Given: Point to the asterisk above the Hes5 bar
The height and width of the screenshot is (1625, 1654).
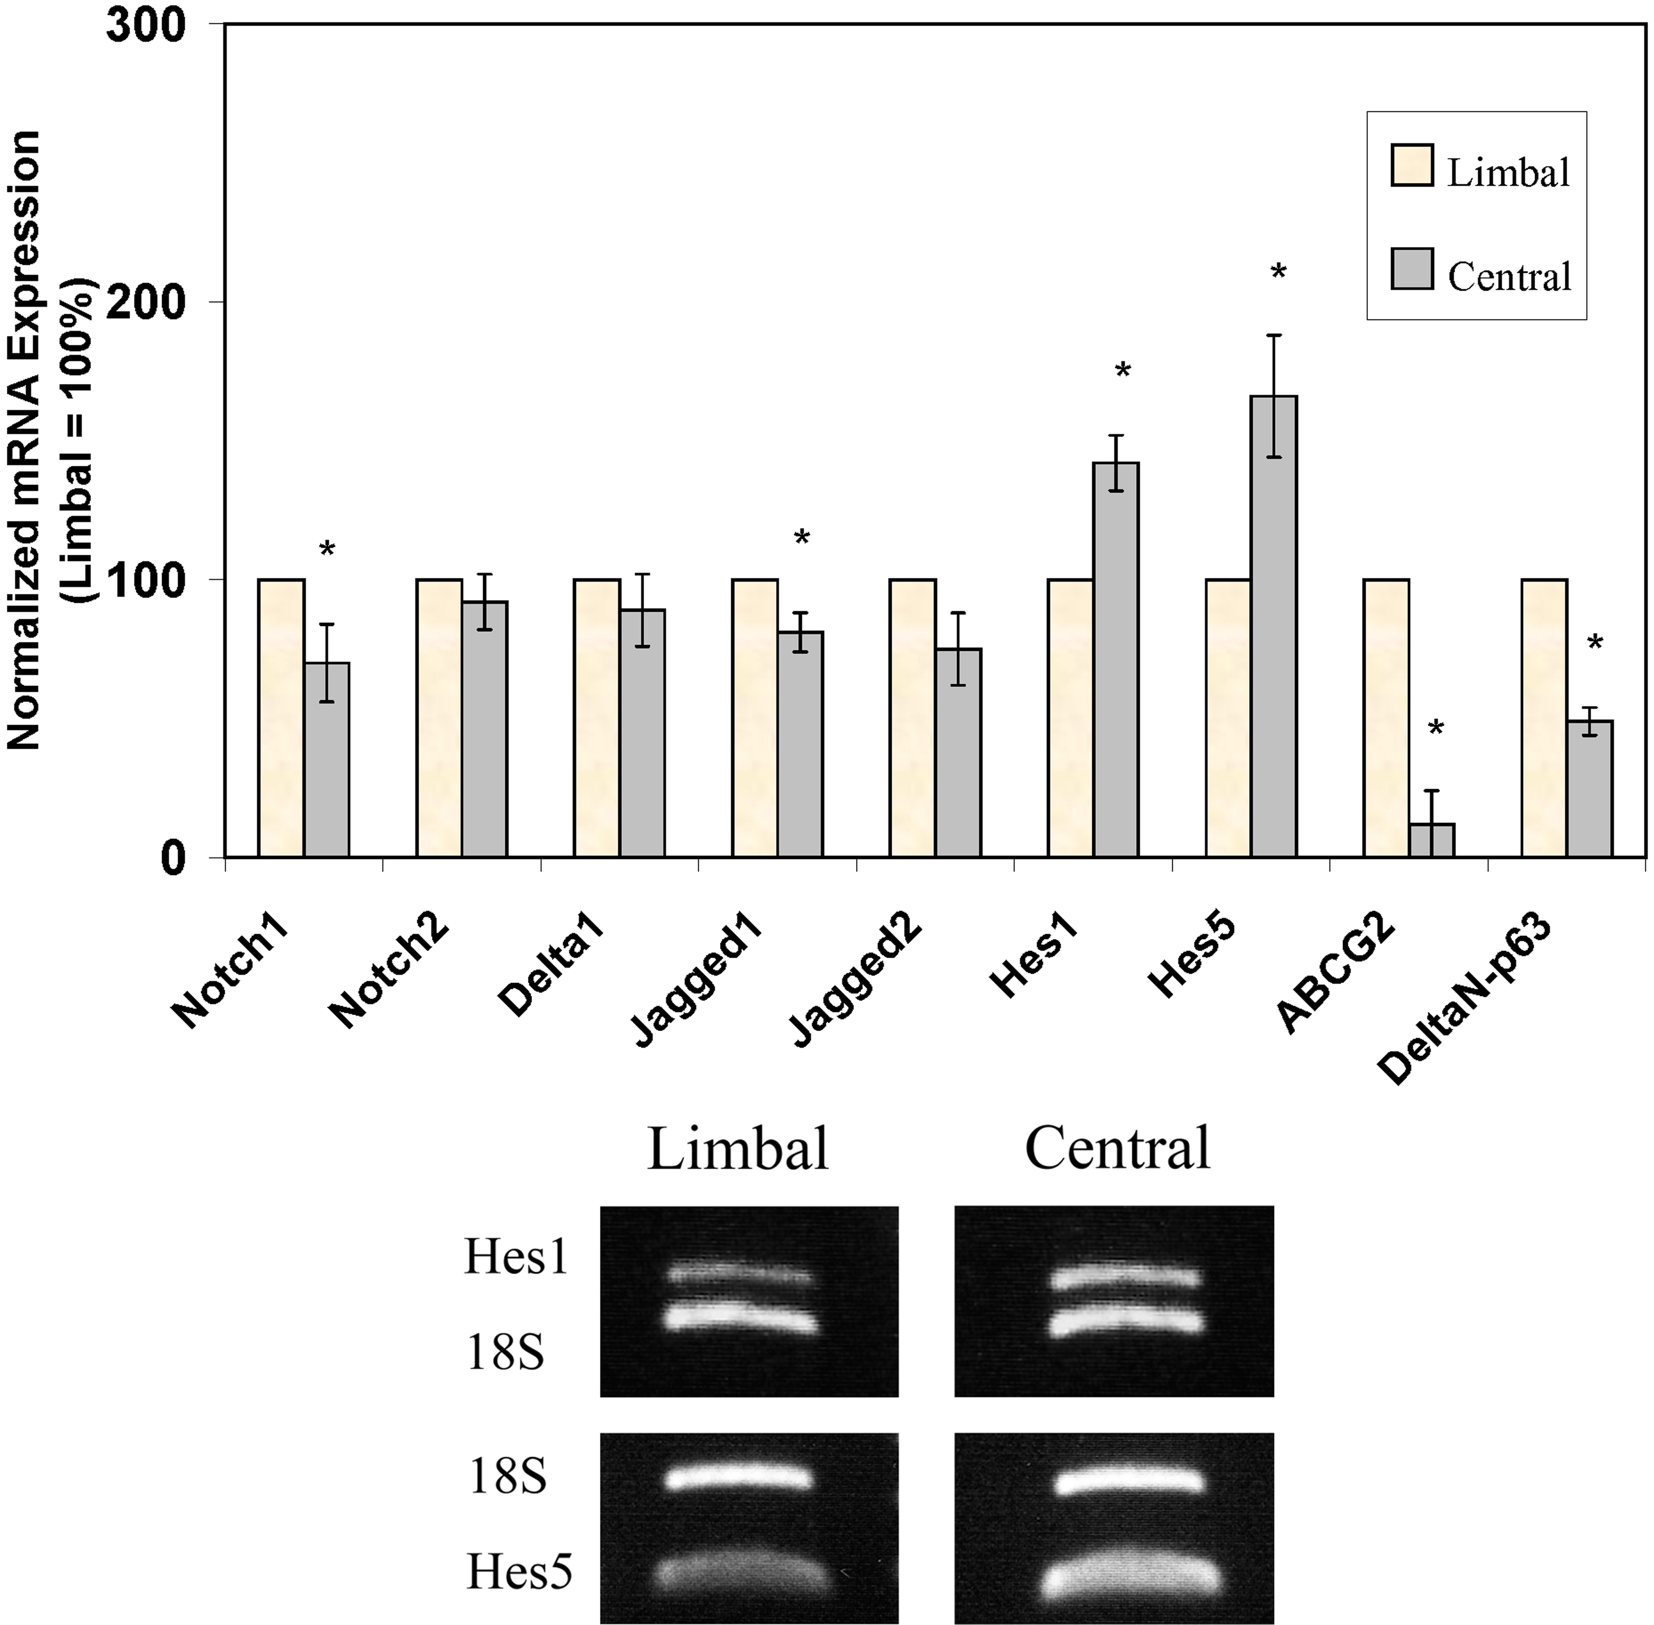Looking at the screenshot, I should coord(1278,273).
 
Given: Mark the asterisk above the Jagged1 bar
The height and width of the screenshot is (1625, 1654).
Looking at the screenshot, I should coord(802,538).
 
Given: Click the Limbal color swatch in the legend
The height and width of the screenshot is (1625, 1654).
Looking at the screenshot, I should coord(1412,165).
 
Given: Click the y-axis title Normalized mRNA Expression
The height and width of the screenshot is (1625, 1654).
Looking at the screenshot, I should coord(24,439).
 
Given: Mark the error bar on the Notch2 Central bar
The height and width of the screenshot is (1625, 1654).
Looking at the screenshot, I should coord(484,602).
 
